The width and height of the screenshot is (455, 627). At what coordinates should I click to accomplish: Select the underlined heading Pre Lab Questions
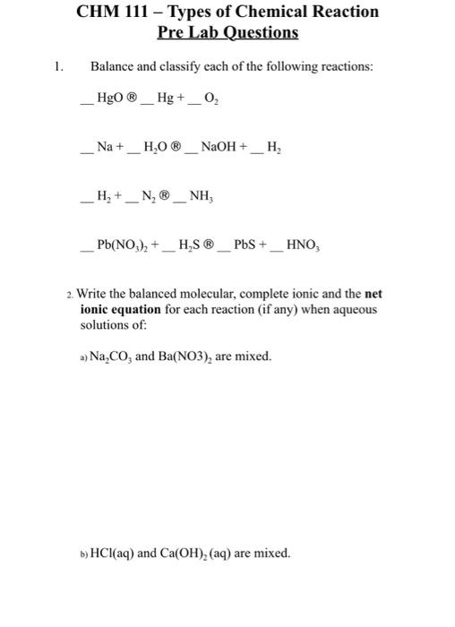coord(227,32)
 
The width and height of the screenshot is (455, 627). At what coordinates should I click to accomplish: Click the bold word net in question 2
coord(373,294)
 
